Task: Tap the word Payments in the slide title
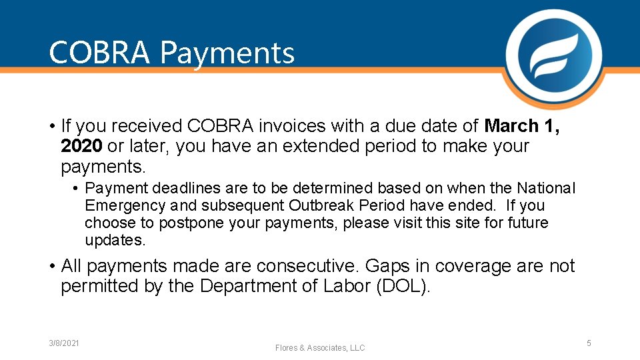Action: point(227,53)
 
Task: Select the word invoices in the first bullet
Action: point(309,126)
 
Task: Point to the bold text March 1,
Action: point(522,126)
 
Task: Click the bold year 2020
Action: point(81,146)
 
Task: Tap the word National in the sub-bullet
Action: point(546,189)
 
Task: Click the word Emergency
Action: point(126,206)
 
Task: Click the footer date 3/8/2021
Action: point(64,343)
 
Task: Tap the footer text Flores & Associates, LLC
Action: point(320,348)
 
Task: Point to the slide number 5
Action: point(589,343)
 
